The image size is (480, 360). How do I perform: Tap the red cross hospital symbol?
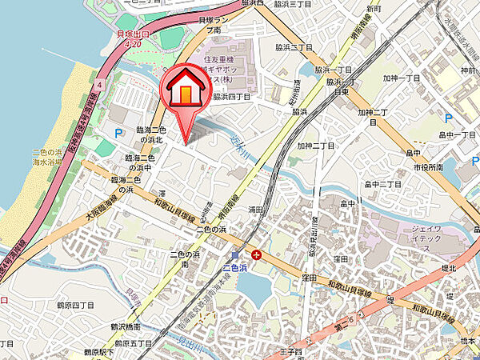(255, 254)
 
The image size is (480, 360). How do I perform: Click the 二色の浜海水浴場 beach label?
(46, 156)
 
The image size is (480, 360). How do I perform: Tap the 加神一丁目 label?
(401, 78)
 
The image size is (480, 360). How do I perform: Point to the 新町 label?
(374, 9)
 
